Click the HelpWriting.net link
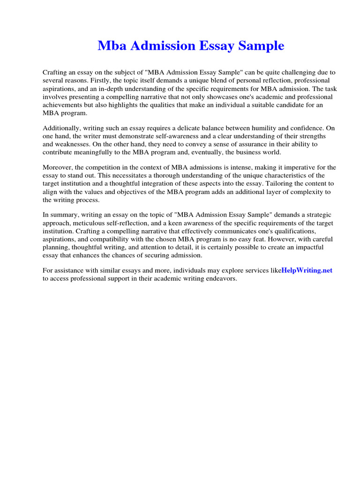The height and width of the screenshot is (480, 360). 307,270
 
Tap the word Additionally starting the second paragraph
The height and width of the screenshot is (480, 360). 62,127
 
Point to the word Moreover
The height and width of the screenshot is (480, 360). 58,167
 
